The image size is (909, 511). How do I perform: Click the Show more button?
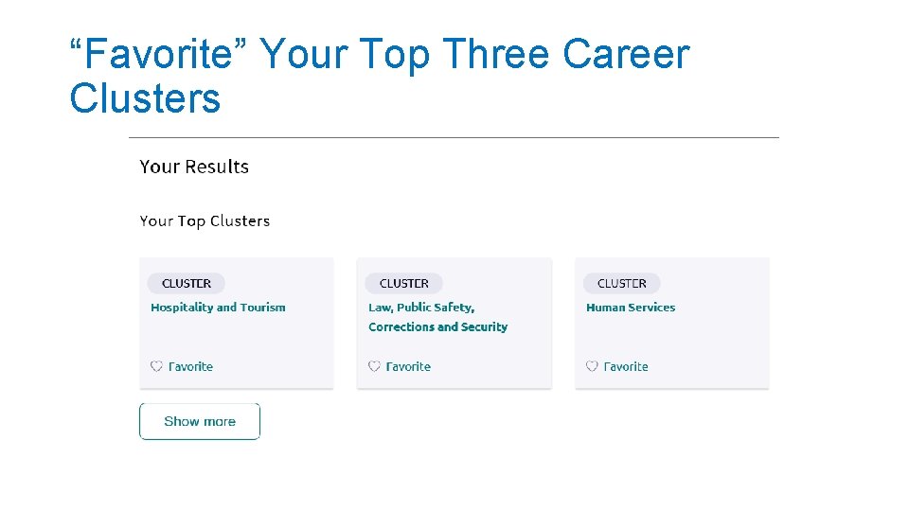coord(200,422)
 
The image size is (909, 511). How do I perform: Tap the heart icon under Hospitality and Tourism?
coord(156,366)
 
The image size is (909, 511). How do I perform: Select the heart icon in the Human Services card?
coord(592,366)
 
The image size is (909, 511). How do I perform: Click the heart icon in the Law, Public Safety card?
coord(374,366)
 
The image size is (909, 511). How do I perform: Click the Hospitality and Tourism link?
coord(218,308)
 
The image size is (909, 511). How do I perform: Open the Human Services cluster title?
coord(631,308)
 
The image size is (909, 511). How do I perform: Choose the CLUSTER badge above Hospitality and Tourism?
coord(187,283)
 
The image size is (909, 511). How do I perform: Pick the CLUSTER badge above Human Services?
coord(622,283)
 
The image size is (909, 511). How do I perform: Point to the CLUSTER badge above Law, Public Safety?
coord(404,283)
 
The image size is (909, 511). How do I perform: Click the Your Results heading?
coord(194,167)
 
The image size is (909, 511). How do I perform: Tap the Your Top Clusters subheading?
coord(205,221)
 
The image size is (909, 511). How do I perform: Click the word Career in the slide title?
coord(626,55)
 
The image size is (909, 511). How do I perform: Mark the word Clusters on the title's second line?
coord(145,98)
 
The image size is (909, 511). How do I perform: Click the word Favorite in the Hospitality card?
coord(190,366)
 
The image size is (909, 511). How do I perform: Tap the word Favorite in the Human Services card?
coord(626,366)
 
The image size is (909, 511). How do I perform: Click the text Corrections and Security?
coord(437,327)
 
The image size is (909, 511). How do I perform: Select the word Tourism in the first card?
coord(263,308)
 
